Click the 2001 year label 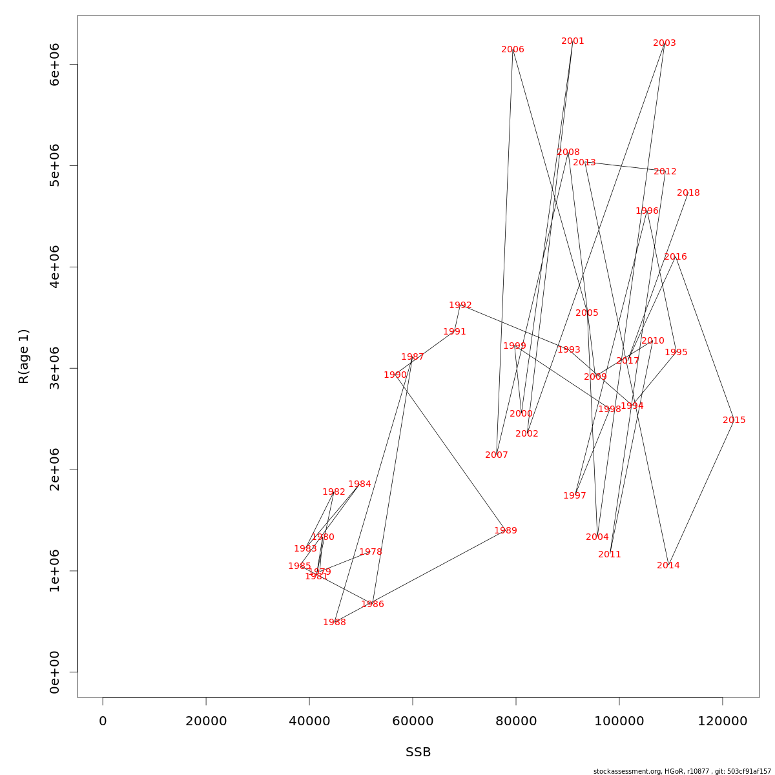point(573,41)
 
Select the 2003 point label point(665,43)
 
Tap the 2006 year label point(513,50)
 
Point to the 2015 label point(734,420)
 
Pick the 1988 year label point(335,623)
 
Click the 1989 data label point(506,531)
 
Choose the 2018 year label point(688,193)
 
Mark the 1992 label point(460,305)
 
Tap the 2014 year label point(668,566)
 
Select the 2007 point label point(497,455)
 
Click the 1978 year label point(371,552)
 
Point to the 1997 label point(575,496)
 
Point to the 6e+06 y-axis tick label point(55,64)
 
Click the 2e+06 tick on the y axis point(55,470)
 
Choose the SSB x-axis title point(418,752)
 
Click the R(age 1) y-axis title point(24,356)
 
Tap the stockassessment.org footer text point(682,771)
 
